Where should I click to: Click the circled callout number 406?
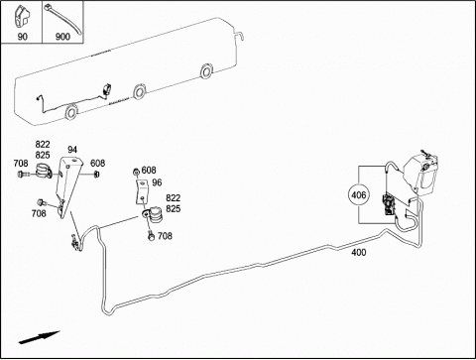coord(359,195)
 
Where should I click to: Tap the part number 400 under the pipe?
coord(359,253)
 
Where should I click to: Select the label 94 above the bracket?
coord(72,150)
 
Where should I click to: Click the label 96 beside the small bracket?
coord(157,182)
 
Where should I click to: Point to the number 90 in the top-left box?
coord(22,37)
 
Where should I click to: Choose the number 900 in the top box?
coord(62,37)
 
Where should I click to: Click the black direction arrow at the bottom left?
coord(39,337)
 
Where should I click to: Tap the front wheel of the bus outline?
coord(71,111)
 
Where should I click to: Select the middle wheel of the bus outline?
coord(139,91)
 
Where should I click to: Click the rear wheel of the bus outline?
coord(206,71)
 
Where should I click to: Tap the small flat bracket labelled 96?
coord(143,192)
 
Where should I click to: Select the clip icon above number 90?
coord(22,17)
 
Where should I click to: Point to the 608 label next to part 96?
coord(149,171)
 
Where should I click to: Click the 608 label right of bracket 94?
coord(98,163)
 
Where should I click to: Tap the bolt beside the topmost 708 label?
coord(23,174)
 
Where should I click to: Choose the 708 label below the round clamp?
coord(165,236)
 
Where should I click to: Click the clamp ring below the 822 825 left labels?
coord(44,170)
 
